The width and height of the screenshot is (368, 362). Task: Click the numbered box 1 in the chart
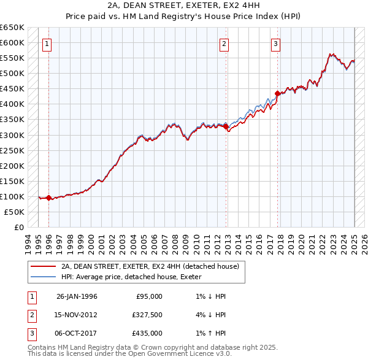pyautogui.click(x=47, y=44)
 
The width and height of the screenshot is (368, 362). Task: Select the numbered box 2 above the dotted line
pyautogui.click(x=224, y=44)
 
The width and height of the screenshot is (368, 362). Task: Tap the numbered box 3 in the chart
pyautogui.click(x=276, y=44)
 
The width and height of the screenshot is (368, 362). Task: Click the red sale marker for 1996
pyautogui.click(x=49, y=198)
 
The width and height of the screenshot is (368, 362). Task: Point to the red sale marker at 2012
pyautogui.click(x=226, y=126)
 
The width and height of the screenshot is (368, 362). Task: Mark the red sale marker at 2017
pyautogui.click(x=277, y=93)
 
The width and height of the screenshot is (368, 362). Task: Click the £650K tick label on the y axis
pyautogui.click(x=12, y=28)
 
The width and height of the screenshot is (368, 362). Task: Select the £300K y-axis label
pyautogui.click(x=12, y=135)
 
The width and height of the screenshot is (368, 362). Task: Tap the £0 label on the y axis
pyautogui.click(x=18, y=227)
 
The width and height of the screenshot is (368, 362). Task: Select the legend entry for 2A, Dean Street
pyautogui.click(x=153, y=266)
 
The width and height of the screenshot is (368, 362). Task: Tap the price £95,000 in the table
pyautogui.click(x=149, y=296)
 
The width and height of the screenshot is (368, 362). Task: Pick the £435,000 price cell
pyautogui.click(x=147, y=333)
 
